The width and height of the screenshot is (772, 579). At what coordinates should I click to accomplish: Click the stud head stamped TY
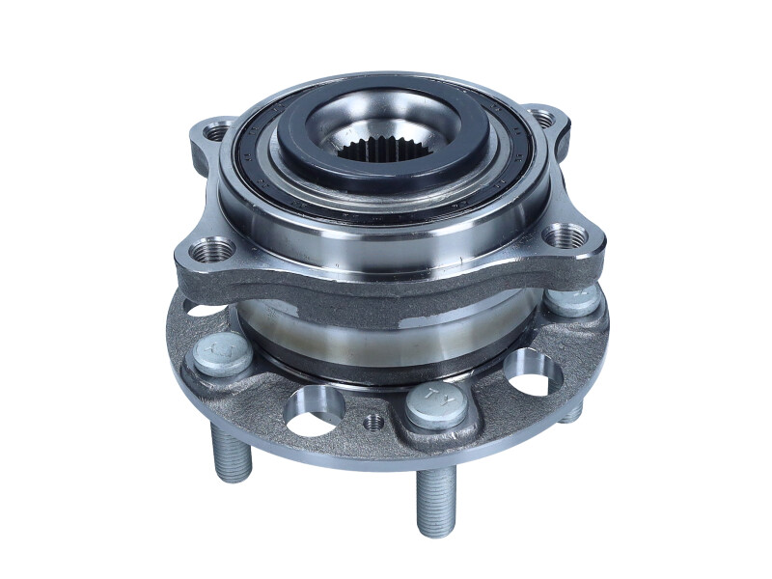[x=428, y=404]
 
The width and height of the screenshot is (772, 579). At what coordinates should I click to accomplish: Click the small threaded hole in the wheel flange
[x=375, y=422]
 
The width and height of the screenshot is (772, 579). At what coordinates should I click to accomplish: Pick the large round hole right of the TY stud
[x=530, y=372]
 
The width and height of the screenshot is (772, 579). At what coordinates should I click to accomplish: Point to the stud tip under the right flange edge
[x=572, y=412]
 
